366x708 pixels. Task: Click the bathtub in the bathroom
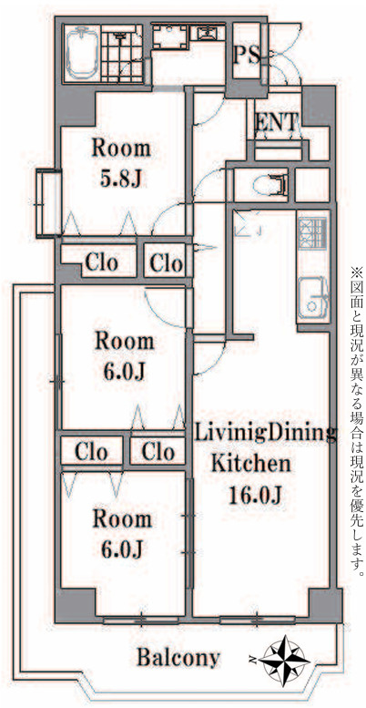click(x=82, y=53)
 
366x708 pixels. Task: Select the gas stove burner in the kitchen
click(x=311, y=232)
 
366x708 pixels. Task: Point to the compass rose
click(x=286, y=660)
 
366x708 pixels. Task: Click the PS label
click(x=247, y=56)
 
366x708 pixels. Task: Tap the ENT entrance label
click(x=276, y=122)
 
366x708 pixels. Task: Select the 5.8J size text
click(x=121, y=179)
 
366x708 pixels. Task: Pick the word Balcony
click(x=178, y=658)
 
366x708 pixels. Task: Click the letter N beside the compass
click(x=253, y=661)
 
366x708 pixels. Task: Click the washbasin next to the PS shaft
click(x=208, y=33)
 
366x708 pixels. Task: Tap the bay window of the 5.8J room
click(x=48, y=202)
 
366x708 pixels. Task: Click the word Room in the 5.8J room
click(x=121, y=149)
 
